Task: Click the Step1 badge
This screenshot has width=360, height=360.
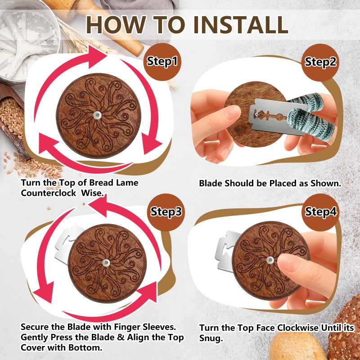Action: click(162, 62)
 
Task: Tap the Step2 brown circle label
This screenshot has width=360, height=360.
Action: click(320, 62)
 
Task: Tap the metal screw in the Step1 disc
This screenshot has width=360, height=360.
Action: click(98, 115)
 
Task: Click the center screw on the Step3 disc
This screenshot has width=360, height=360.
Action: click(106, 263)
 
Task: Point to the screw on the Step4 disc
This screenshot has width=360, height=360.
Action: click(270, 260)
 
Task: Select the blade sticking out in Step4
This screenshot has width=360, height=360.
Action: click(226, 250)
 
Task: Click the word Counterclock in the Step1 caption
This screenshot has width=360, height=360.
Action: click(49, 193)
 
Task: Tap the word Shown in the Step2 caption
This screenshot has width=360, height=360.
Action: click(326, 184)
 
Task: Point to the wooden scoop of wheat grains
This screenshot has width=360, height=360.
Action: click(12, 119)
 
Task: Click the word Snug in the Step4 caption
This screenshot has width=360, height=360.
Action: click(211, 338)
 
